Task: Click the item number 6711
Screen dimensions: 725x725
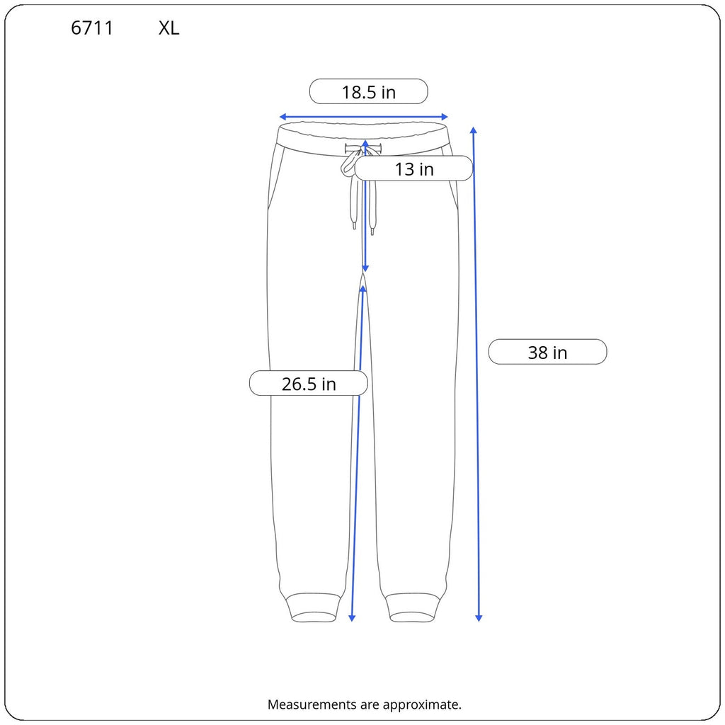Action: [x=92, y=28]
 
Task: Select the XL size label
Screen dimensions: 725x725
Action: [x=169, y=28]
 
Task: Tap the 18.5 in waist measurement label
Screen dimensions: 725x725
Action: [x=368, y=92]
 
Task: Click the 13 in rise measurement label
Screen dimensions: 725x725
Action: [x=413, y=169]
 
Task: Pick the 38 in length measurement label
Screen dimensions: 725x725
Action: [x=547, y=353]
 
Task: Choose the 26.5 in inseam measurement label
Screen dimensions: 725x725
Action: [x=309, y=384]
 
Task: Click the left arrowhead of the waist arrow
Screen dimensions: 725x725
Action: [x=282, y=117]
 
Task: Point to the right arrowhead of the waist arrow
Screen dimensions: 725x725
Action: [x=445, y=117]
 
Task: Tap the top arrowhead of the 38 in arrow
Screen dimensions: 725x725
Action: [x=473, y=130]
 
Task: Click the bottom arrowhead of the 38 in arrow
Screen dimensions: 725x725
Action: [x=479, y=617]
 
